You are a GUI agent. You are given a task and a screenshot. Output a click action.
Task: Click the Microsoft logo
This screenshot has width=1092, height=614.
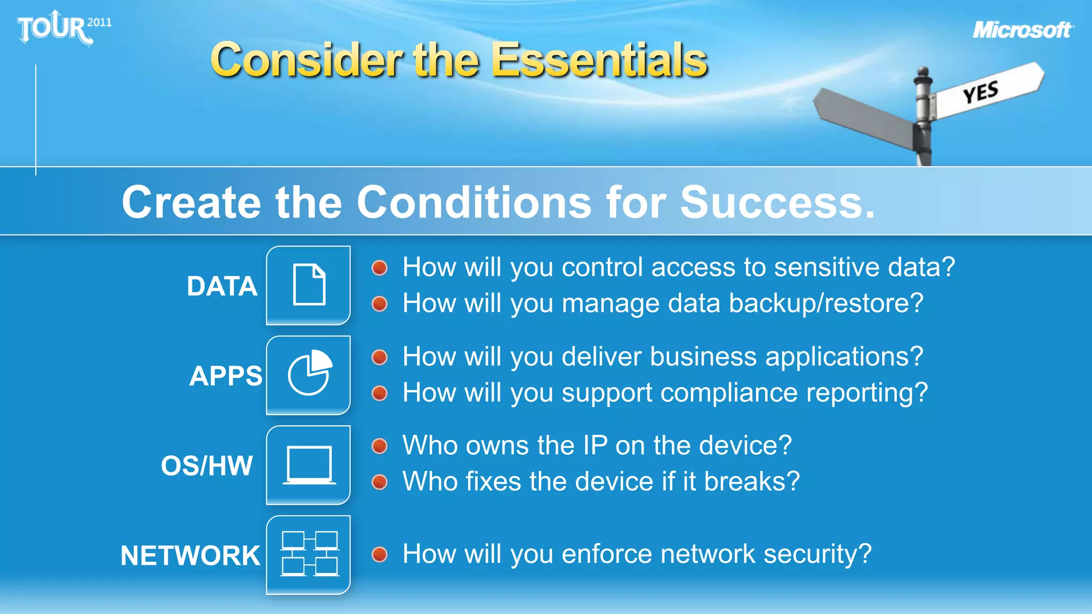point(1022,30)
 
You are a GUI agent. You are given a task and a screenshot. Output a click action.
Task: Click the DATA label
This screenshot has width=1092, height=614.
point(222,286)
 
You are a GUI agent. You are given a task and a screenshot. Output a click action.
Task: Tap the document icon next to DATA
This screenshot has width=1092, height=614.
point(309,285)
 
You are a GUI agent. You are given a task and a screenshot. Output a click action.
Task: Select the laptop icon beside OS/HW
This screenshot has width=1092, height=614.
point(309,465)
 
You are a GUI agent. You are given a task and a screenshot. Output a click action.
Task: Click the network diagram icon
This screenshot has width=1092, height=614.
point(309,554)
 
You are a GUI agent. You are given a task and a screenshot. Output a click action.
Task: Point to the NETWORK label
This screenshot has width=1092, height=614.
point(190,555)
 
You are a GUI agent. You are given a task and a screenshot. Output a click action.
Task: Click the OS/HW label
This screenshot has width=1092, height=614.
point(207,465)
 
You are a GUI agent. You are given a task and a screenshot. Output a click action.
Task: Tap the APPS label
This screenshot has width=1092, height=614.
point(226,376)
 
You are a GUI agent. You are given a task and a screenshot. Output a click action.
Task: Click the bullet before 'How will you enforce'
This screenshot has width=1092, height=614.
point(380,554)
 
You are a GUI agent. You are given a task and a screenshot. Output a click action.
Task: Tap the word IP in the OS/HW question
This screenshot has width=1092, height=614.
point(595,445)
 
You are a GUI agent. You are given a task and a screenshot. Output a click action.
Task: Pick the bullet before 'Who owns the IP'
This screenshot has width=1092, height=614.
point(380,446)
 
